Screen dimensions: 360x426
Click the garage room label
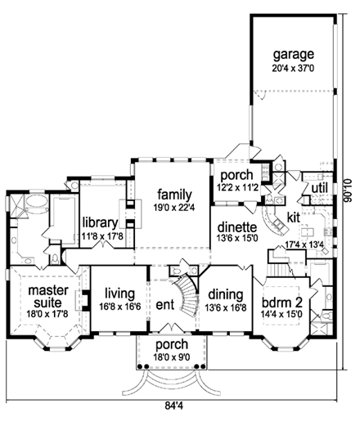tap(294, 55)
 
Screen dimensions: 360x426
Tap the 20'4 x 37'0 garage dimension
tap(293, 68)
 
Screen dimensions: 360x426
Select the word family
tap(174, 195)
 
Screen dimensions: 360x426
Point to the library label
tap(100, 222)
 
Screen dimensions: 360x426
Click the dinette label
tap(237, 226)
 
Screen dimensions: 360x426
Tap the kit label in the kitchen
tap(294, 217)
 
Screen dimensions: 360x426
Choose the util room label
tap(319, 188)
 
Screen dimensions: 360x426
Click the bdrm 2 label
tap(282, 302)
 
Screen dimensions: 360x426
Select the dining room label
tap(226, 295)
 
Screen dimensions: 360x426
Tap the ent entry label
tap(165, 304)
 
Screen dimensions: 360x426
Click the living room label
tap(120, 294)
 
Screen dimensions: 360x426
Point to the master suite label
tap(47, 296)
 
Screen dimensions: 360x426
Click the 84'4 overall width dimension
tap(173, 406)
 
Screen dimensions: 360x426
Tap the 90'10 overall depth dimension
tap(348, 191)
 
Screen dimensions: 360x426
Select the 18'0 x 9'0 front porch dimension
tap(172, 356)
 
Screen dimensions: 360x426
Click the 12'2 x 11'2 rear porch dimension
tap(237, 187)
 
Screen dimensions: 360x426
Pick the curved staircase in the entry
tap(187, 294)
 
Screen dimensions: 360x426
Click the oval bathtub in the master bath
tap(37, 202)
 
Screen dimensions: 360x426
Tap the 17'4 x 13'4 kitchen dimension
tap(304, 244)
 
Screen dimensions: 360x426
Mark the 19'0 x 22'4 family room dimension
tap(174, 208)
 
